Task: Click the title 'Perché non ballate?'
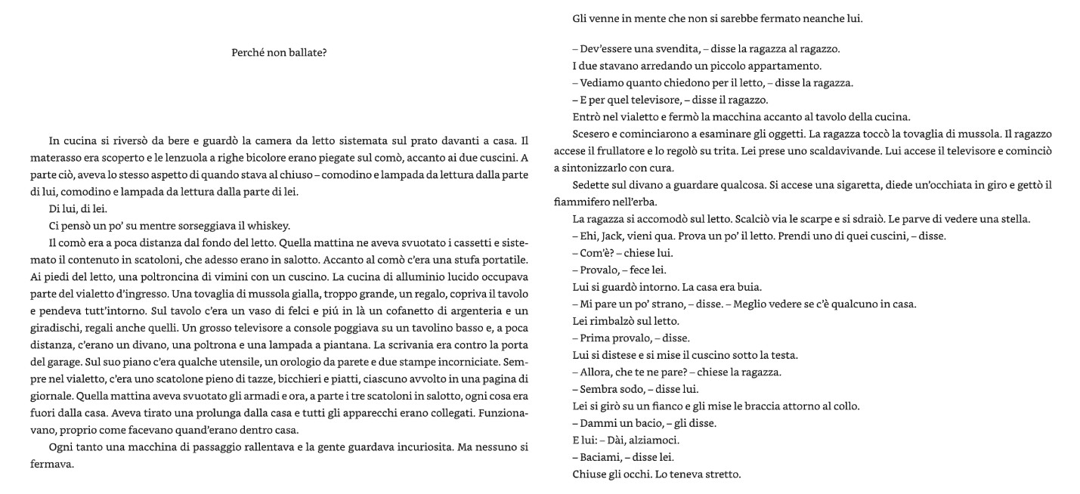(279, 53)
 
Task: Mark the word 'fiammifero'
(582, 202)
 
